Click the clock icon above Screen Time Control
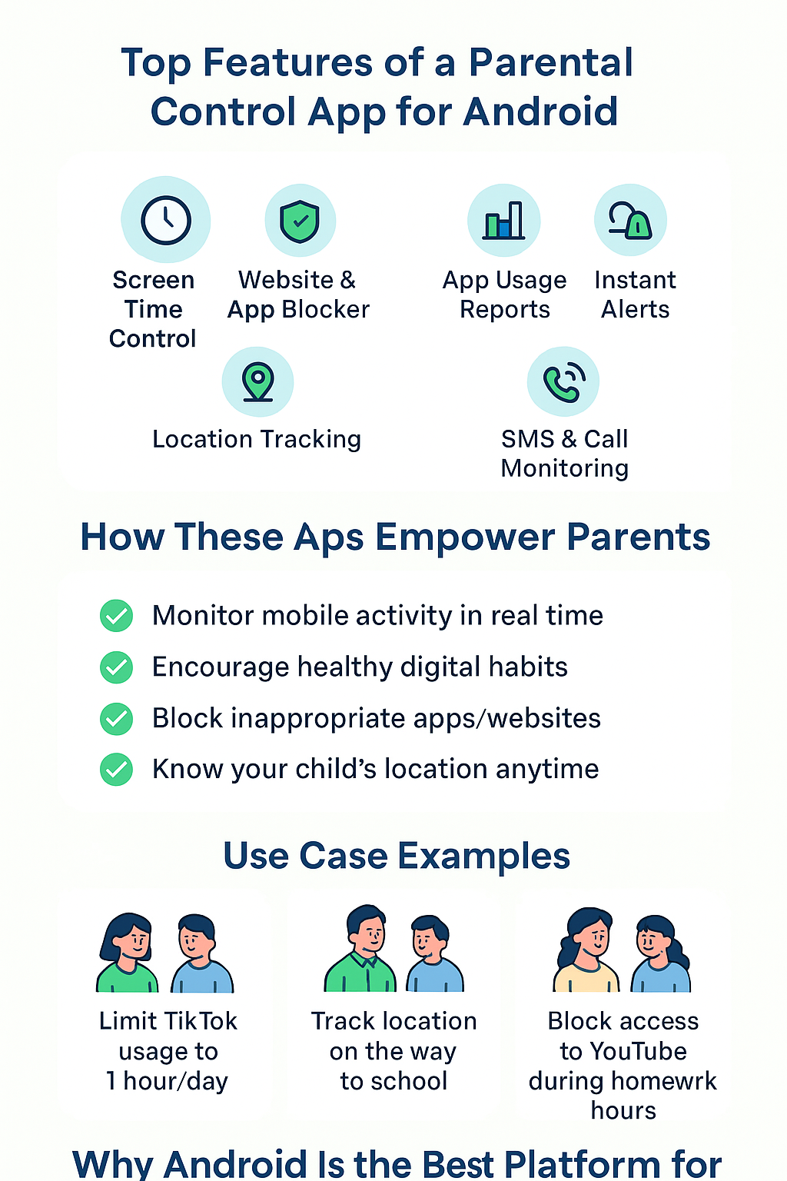coord(165,220)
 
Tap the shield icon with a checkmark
coord(300,221)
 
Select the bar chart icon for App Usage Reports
coord(504,221)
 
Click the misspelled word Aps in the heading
coord(328,538)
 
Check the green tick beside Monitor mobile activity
coord(116,615)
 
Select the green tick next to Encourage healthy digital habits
coord(116,667)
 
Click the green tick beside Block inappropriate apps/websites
coord(116,719)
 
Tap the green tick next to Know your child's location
coord(116,770)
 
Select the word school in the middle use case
coord(409,1081)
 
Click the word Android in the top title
coord(540,111)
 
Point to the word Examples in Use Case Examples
coord(483,857)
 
